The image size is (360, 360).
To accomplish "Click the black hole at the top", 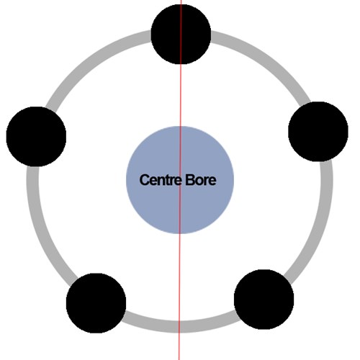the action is point(181,34).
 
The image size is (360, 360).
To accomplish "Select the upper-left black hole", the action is point(36,137).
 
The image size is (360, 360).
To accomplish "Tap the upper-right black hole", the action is point(318,132).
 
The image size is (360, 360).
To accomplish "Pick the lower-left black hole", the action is point(96,303).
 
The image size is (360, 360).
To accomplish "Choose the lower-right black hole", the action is point(264,300).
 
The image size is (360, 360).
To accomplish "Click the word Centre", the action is point(161,180).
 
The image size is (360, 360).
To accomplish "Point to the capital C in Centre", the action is point(144,180).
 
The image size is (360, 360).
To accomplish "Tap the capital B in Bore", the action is point(189,180).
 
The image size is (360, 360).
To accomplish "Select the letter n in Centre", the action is point(161,181).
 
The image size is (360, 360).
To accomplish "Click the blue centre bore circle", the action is point(180,180).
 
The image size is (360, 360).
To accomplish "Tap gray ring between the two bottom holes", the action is point(179,327).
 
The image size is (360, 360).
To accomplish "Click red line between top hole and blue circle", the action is point(181,95).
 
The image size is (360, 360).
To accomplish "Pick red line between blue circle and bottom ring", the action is point(180,277).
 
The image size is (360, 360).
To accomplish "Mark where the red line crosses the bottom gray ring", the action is point(179,327).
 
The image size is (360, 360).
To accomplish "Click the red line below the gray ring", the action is point(179,346).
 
